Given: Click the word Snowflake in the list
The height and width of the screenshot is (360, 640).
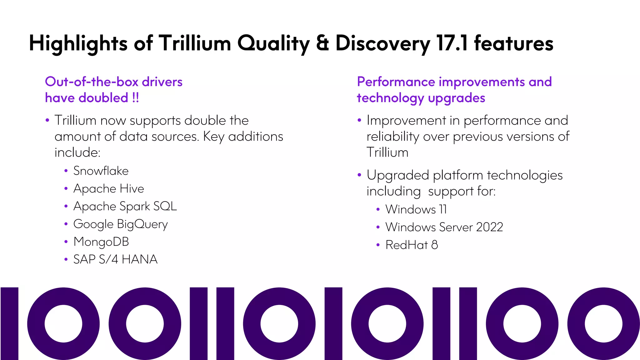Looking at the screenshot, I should coord(101,171).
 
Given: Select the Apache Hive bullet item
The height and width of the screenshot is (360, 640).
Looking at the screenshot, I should coord(108,189).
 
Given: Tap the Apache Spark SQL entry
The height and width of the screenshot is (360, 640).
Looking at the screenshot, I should coord(125,207).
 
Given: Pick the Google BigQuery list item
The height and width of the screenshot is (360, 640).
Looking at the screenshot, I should coord(120,224).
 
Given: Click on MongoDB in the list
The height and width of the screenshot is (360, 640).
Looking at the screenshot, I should coord(101,242).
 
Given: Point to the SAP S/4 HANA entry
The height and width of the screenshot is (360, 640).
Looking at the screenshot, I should coord(115,259).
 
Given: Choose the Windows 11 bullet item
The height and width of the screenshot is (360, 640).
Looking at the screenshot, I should coord(416,209).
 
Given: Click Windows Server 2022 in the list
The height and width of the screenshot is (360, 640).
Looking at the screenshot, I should coord(444,227).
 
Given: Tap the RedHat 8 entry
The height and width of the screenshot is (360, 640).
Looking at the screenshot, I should coord(411,245).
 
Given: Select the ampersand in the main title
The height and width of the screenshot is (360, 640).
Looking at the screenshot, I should coord(322,43).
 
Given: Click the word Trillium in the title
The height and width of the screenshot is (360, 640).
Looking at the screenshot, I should coord(194,43).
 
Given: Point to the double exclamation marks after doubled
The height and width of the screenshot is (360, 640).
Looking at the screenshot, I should coord(135,98).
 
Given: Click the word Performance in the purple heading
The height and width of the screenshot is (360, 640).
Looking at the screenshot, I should coord(396,82).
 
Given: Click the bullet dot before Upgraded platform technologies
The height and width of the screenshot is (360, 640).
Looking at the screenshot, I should coord(359,175).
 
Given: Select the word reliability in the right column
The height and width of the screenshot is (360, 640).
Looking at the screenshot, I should coord(392,137).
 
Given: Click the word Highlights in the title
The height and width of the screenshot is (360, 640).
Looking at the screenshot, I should coord(78,43).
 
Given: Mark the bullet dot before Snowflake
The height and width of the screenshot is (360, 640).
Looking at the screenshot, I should coord(66,171).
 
